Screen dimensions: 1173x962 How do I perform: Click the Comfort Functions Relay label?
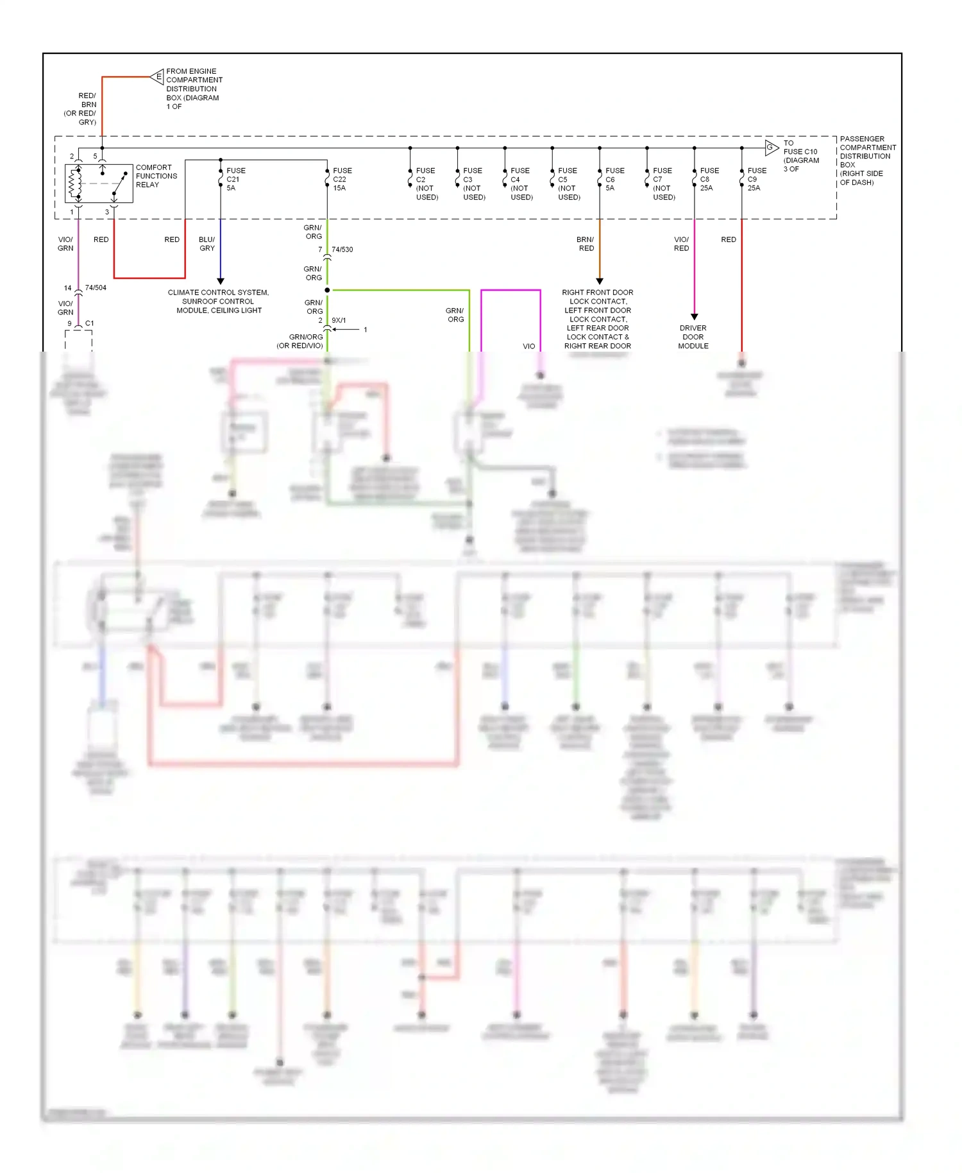click(156, 176)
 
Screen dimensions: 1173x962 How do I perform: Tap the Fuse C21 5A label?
click(235, 179)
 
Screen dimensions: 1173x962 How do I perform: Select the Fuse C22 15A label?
click(342, 179)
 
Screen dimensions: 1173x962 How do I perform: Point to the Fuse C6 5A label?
click(614, 179)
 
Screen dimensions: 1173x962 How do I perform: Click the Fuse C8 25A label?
click(709, 179)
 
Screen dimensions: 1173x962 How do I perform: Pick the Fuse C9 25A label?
click(757, 179)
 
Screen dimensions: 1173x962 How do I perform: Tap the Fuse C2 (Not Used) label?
click(426, 184)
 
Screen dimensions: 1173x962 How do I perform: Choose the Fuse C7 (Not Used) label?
click(663, 184)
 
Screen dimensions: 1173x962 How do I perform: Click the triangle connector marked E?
click(158, 76)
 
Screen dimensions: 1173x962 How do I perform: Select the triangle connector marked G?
click(771, 148)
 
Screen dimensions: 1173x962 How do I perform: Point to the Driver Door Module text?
click(693, 337)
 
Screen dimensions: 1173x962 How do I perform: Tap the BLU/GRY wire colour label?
click(207, 244)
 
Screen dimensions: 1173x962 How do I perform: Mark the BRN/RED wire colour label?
click(586, 244)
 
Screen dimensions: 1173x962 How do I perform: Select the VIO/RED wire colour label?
click(681, 244)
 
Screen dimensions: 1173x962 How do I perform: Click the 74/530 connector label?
click(342, 250)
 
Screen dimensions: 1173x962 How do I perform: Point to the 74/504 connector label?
click(96, 287)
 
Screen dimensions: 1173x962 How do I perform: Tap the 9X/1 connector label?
click(339, 320)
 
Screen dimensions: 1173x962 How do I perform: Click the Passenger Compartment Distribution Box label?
click(867, 160)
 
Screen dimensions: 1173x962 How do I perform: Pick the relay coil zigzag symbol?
click(74, 184)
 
